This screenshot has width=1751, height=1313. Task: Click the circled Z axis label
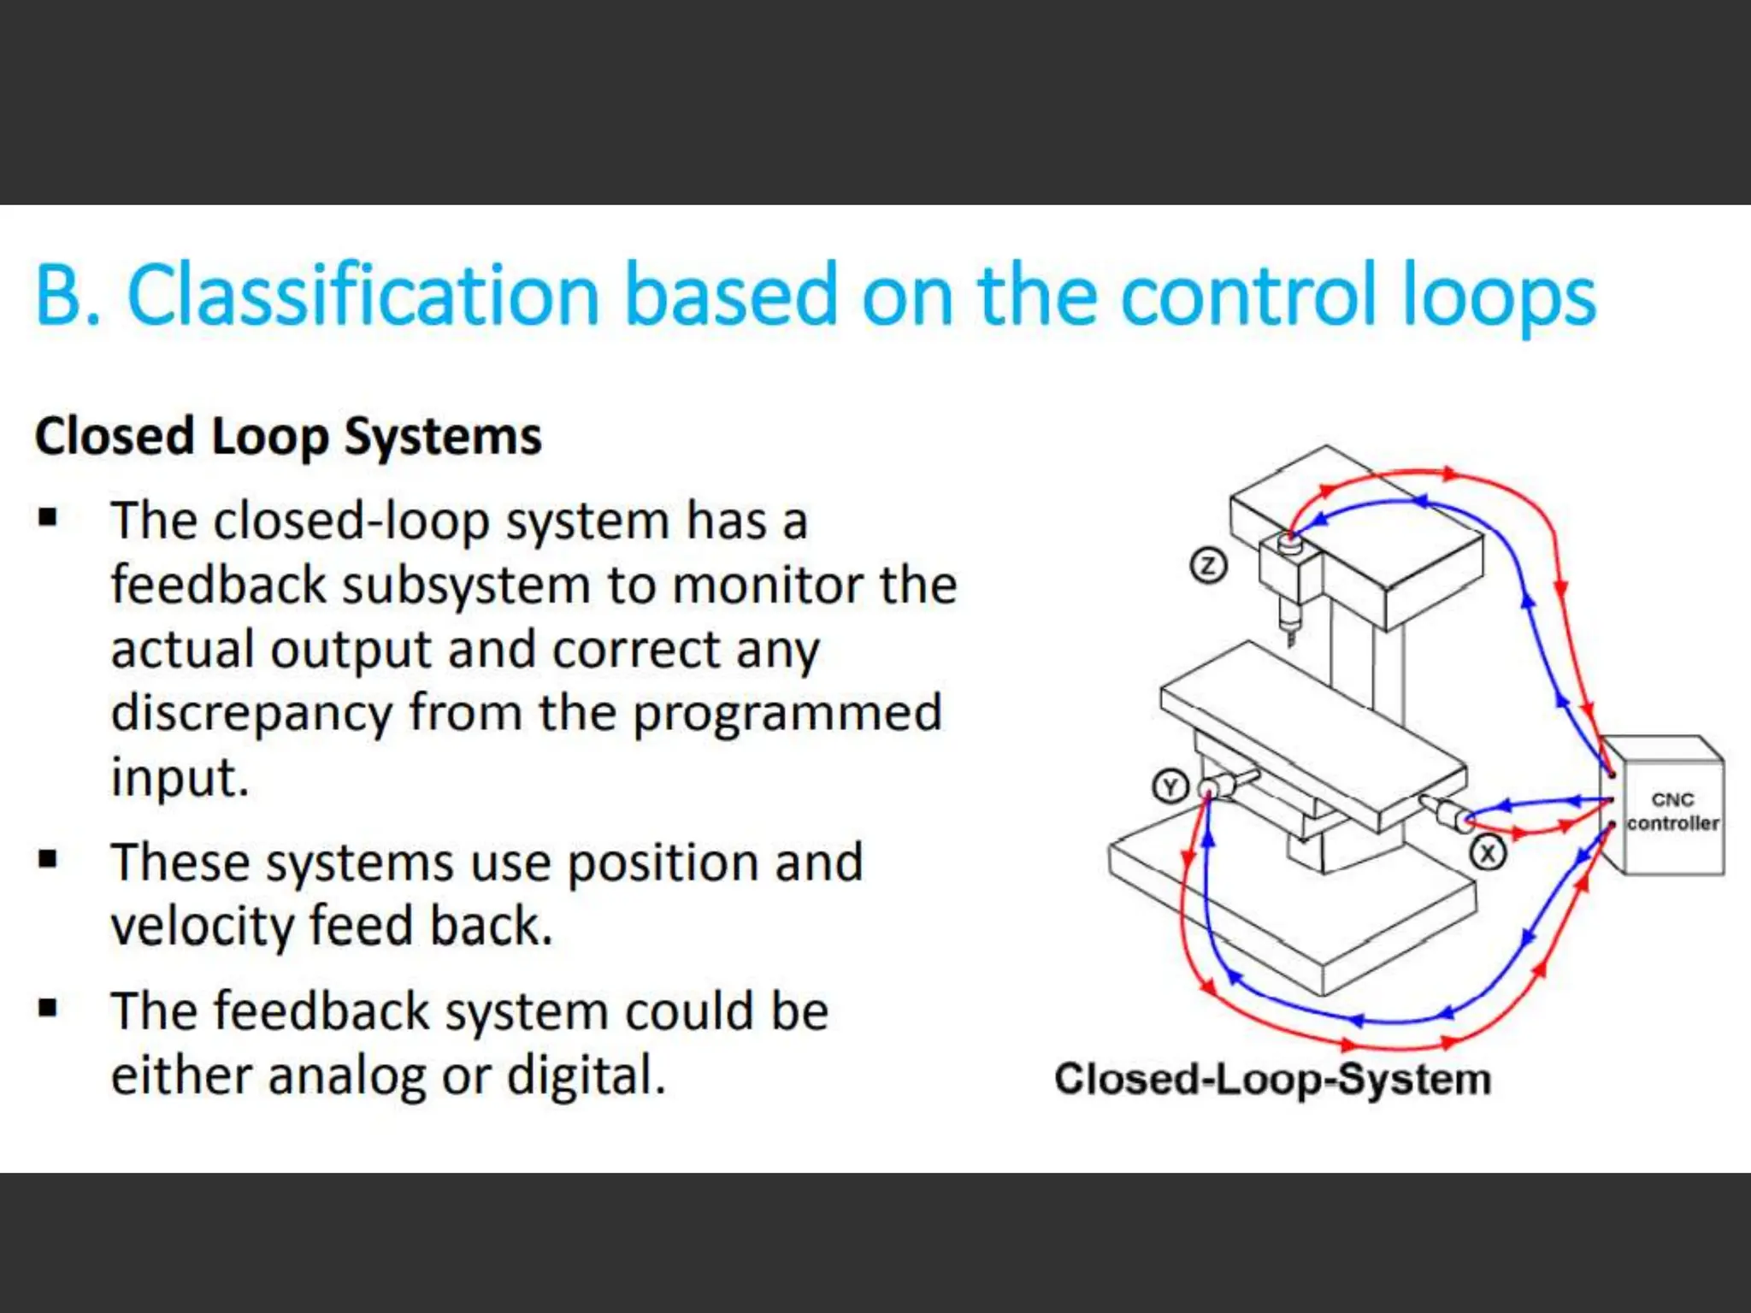(x=1208, y=566)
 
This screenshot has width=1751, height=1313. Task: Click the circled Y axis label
(x=1170, y=786)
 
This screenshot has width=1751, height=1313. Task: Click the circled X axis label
(x=1488, y=853)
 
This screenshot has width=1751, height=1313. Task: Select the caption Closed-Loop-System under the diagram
(x=1272, y=1079)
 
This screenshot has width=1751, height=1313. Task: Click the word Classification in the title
(x=363, y=294)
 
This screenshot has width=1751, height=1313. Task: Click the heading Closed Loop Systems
(x=288, y=437)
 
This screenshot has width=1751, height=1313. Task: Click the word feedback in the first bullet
(x=219, y=586)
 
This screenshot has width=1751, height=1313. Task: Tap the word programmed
(x=787, y=713)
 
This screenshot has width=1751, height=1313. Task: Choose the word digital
(x=585, y=1076)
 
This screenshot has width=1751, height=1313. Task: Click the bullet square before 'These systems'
(x=48, y=860)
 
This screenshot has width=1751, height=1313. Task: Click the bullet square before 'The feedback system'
(x=48, y=1009)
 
